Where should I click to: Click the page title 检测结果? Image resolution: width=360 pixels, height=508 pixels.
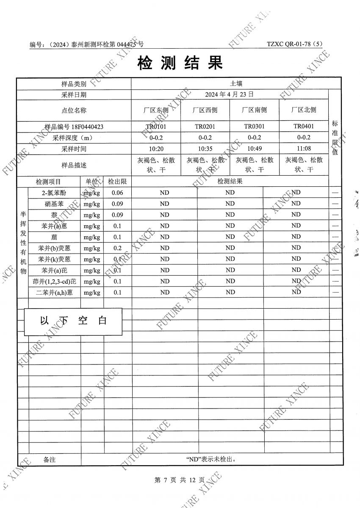coord(180,63)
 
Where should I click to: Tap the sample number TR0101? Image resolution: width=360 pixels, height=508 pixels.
coord(156,126)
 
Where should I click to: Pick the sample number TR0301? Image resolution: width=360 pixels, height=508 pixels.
coord(254,126)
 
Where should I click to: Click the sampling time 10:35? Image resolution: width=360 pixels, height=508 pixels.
coord(205,149)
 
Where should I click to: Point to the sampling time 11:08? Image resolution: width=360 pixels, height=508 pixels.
coord(304,149)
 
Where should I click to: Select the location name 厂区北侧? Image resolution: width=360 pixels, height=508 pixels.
coord(304,110)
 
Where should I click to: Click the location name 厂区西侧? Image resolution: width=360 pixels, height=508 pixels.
coord(205,110)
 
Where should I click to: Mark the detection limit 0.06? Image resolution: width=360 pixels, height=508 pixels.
coord(117,193)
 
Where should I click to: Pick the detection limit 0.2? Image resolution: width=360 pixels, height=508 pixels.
coord(117,248)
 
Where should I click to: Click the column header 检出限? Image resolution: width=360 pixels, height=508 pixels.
coord(117,182)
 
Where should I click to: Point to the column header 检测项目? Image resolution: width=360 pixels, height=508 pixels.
coord(48,182)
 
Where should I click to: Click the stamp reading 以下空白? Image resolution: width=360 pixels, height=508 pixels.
coord(73,320)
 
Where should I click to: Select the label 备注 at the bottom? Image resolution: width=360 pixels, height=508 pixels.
coord(49,459)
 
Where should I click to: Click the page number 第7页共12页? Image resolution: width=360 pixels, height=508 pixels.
coord(180,480)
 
